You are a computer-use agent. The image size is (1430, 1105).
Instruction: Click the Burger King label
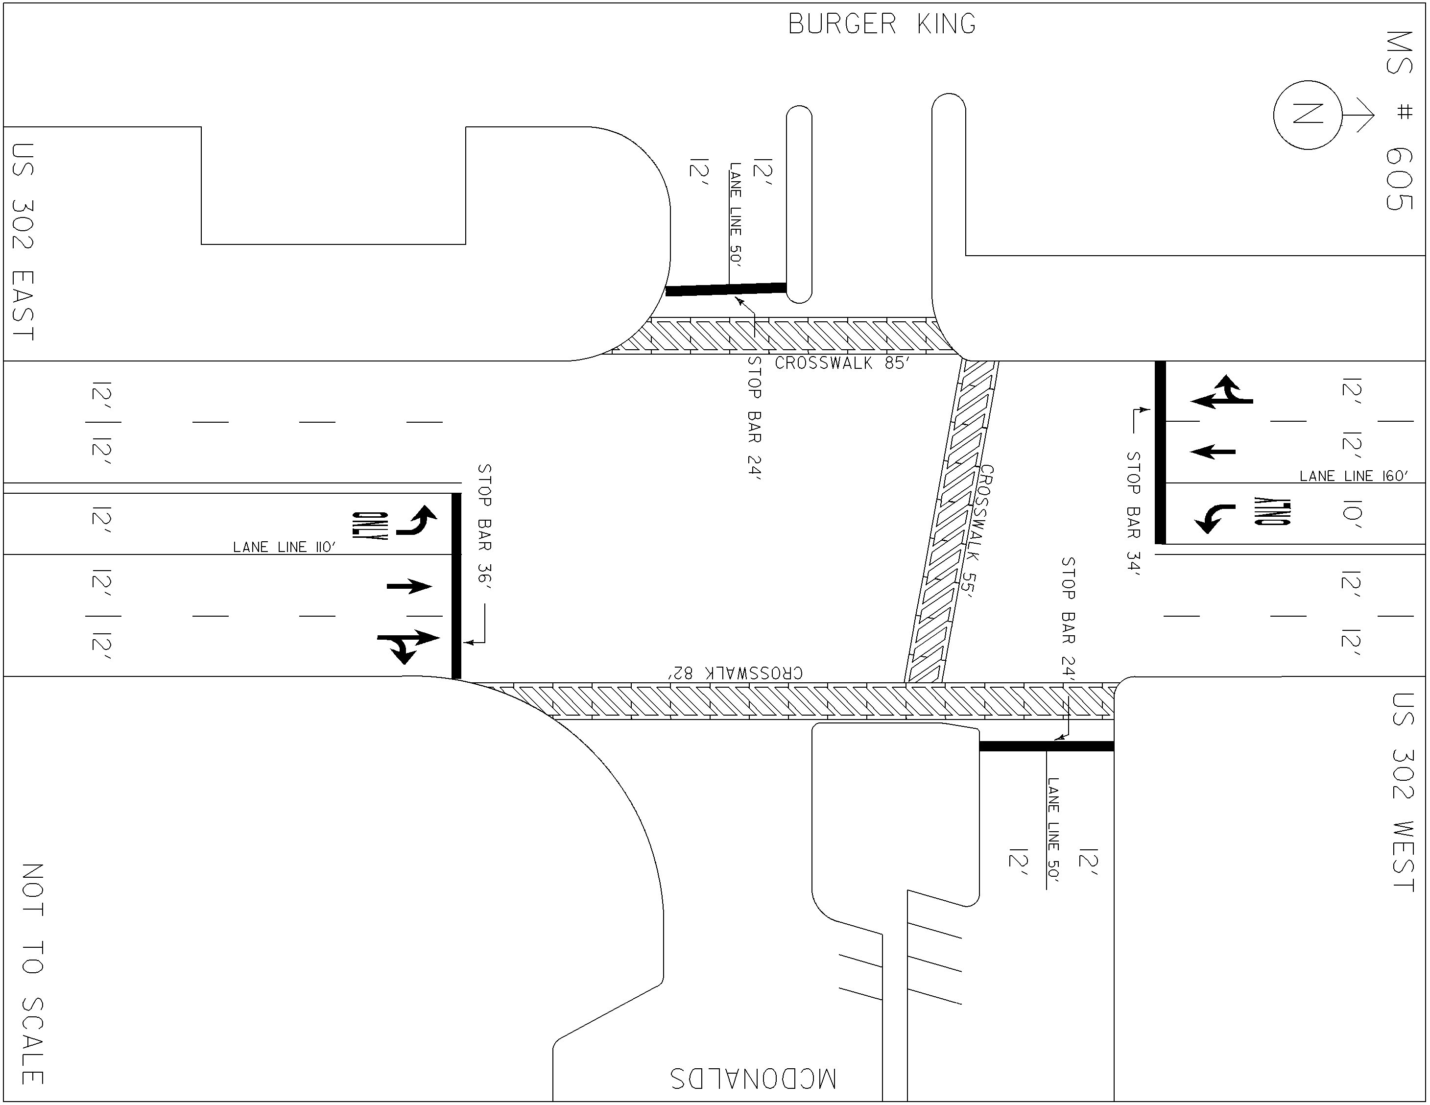[882, 24]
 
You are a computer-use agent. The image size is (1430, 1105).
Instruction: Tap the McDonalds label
[753, 1078]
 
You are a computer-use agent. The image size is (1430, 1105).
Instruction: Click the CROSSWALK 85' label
[841, 363]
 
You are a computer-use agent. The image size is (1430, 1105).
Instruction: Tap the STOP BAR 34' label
[1133, 513]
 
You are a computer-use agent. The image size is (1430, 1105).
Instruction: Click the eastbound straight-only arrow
[409, 586]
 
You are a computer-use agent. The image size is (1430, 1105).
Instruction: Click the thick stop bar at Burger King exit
[725, 289]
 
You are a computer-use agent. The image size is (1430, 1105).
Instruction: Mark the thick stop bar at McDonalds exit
[1047, 746]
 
